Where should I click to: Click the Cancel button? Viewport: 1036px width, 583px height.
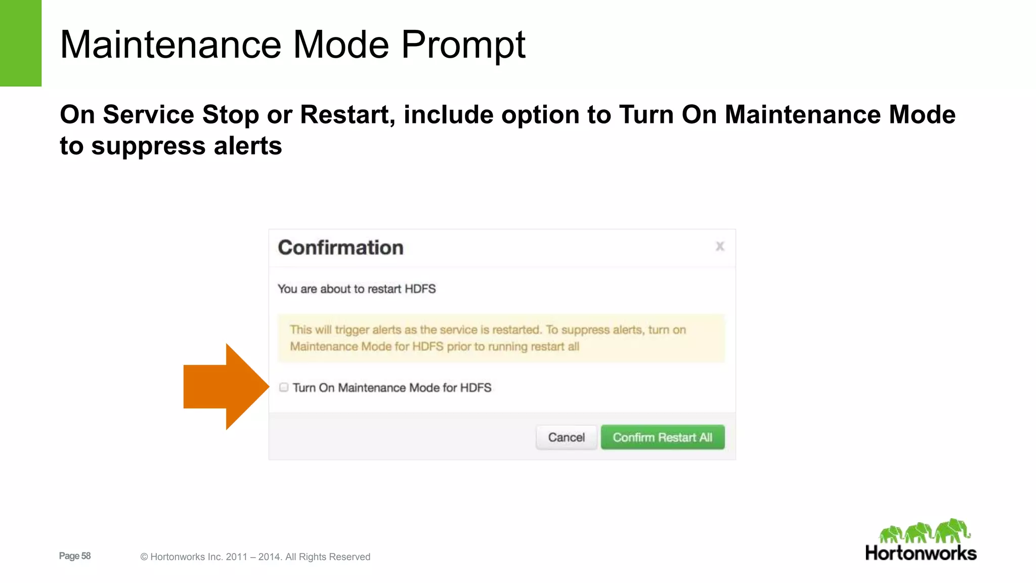pos(566,437)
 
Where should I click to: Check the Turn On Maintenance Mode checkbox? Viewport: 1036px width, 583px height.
pos(284,388)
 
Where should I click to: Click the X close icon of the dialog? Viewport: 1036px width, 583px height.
pos(720,246)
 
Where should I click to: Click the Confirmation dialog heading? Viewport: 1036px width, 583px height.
pos(340,247)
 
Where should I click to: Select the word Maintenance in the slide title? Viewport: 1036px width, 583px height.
pos(170,45)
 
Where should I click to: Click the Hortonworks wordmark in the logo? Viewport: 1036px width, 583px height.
pos(921,553)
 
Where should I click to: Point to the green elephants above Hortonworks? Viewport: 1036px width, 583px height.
pos(924,531)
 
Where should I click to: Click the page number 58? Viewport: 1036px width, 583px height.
pos(86,556)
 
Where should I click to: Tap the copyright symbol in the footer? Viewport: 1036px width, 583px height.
pos(144,557)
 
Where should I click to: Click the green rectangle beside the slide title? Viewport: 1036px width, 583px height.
pos(20,43)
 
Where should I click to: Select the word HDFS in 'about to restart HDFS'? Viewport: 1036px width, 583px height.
pos(420,289)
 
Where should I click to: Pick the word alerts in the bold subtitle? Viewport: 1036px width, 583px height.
pos(247,146)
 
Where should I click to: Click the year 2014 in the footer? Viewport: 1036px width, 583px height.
pos(269,557)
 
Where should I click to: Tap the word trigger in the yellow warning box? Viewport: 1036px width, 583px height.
pos(352,330)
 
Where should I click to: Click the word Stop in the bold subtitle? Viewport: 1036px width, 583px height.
pos(231,115)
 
